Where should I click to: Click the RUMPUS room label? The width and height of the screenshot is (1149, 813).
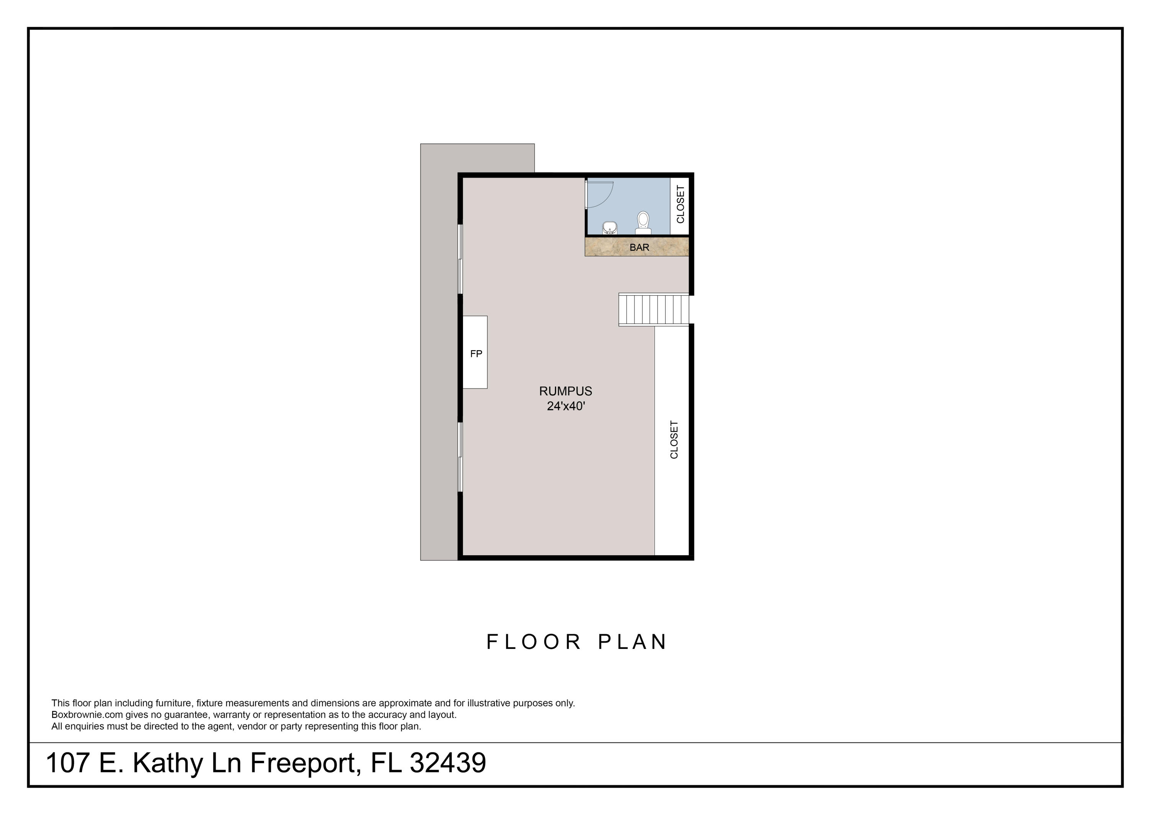[x=565, y=391]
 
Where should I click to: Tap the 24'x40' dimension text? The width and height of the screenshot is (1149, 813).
[x=565, y=406]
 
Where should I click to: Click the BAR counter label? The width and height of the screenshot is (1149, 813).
[x=639, y=247]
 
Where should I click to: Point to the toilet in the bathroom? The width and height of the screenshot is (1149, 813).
[x=643, y=222]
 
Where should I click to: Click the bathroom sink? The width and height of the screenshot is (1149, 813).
[x=609, y=229]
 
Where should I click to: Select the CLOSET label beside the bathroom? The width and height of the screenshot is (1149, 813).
[x=680, y=204]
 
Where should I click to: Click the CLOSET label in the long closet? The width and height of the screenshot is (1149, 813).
[x=674, y=439]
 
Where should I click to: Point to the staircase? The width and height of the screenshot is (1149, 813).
[x=653, y=309]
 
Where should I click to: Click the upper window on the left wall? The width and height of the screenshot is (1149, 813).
[x=460, y=259]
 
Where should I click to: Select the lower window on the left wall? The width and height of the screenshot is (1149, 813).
[x=460, y=457]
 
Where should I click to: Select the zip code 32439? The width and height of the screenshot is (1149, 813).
[x=447, y=763]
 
